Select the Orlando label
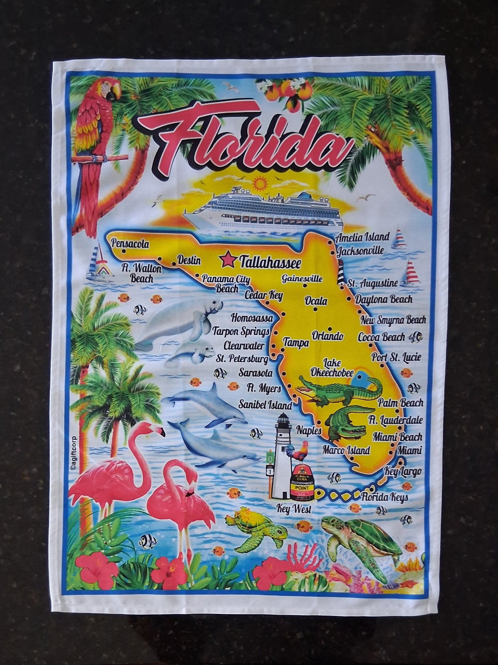click(327, 336)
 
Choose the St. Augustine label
click(372, 283)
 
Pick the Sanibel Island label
click(265, 405)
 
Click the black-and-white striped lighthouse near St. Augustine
click(340, 272)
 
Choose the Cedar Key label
click(263, 295)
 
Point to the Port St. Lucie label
click(396, 358)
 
